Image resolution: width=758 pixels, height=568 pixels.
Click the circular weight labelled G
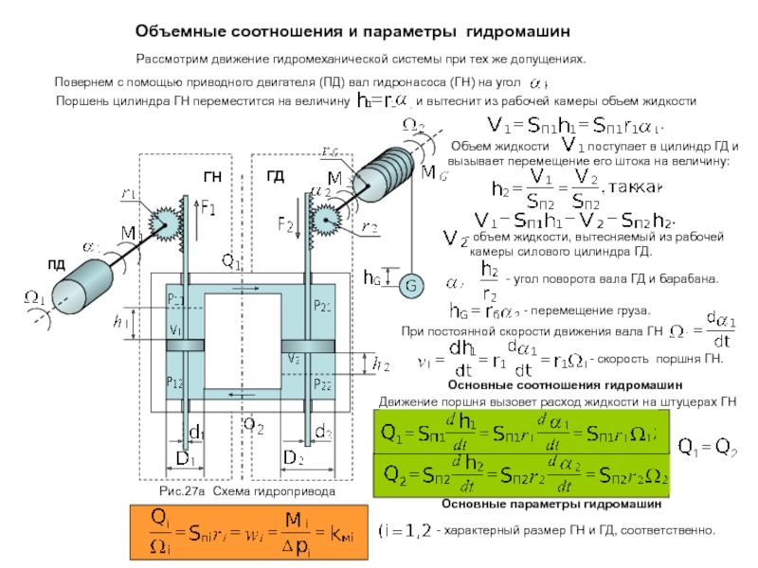[x=411, y=286]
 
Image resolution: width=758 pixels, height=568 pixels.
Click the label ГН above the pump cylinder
[x=212, y=177]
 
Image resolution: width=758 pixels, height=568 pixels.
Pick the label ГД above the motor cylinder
[x=275, y=177]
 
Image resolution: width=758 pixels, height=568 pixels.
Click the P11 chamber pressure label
[x=176, y=299]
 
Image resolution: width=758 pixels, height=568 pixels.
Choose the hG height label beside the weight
[x=372, y=278]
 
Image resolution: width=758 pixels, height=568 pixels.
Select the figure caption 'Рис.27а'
[x=182, y=492]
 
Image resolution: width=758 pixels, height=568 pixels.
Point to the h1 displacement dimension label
[x=119, y=323]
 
